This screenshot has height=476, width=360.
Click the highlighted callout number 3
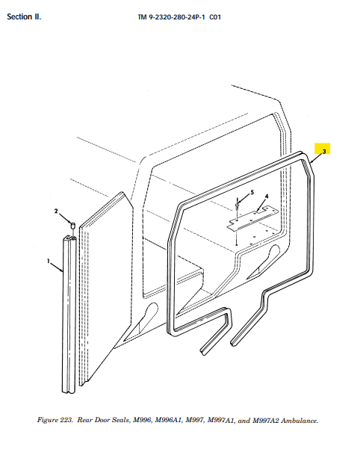[x=324, y=151]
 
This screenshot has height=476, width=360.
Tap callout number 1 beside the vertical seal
[x=48, y=261]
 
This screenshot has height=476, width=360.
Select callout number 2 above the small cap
[x=56, y=211]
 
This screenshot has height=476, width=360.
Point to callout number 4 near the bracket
[x=267, y=197]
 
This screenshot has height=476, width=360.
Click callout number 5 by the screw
[x=252, y=192]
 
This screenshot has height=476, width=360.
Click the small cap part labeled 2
[x=73, y=226]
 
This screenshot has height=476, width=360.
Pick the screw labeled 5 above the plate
[x=237, y=205]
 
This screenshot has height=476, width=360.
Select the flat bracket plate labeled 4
[x=253, y=219]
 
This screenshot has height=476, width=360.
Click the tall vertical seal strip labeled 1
[x=69, y=315]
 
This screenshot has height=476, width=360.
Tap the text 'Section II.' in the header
[x=24, y=16]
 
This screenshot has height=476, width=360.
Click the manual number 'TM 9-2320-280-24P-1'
[x=171, y=17]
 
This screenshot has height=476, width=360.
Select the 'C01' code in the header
[x=215, y=17]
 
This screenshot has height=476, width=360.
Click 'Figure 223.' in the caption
[x=55, y=420]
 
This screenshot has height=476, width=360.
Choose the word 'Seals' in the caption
[x=120, y=420]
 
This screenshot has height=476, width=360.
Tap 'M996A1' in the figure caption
[x=168, y=420]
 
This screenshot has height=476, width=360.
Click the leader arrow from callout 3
[x=316, y=158]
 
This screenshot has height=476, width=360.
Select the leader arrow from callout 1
[x=57, y=268]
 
